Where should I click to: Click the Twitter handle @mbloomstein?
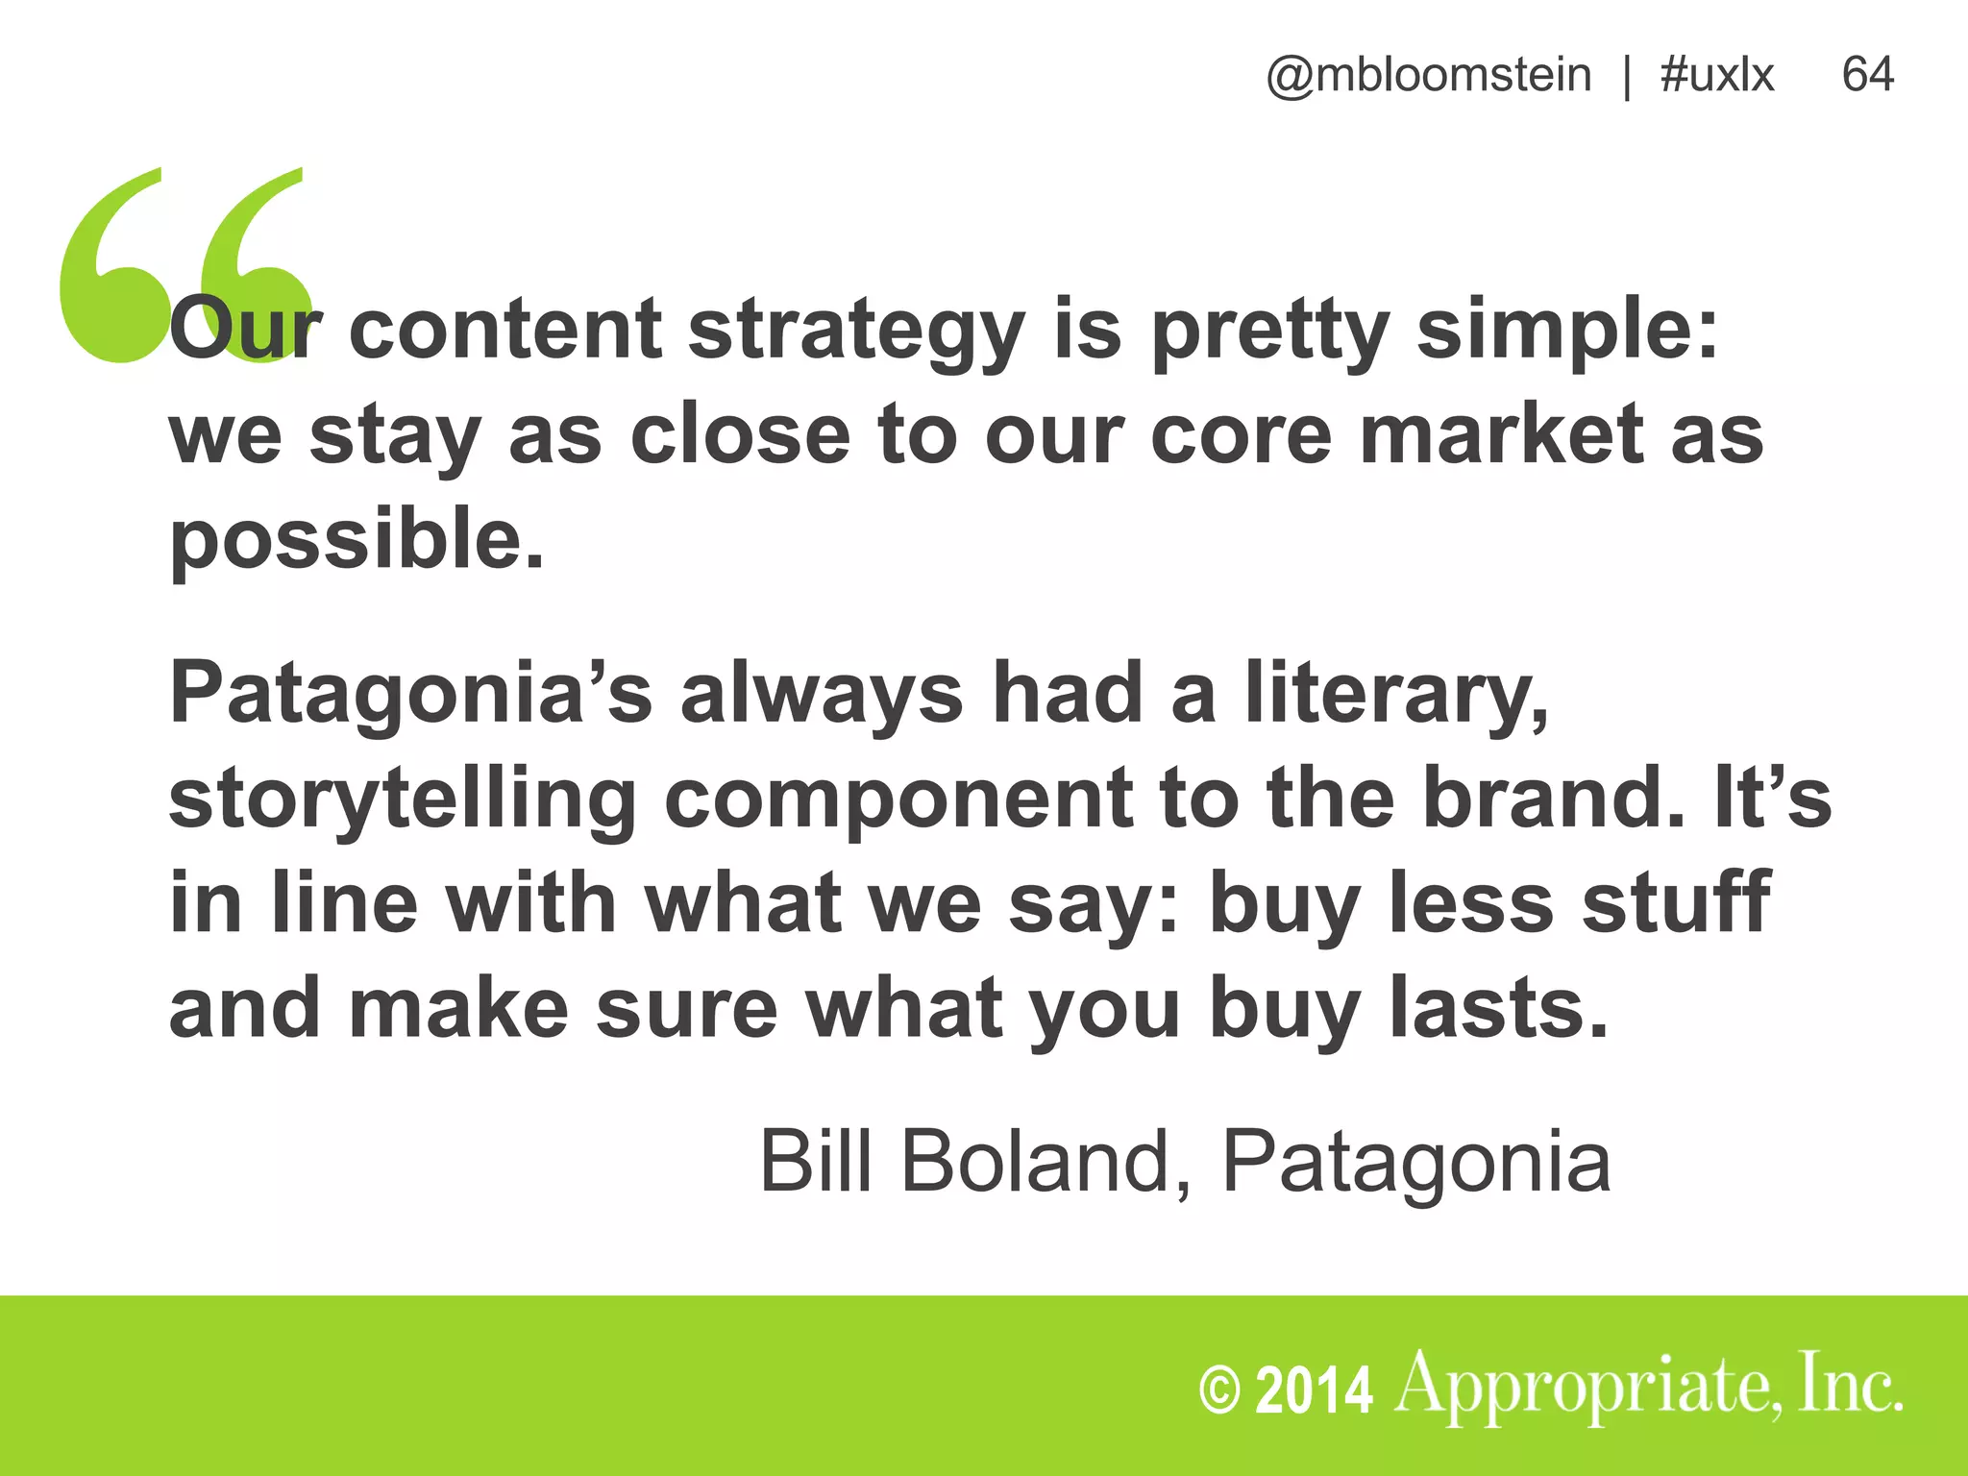[1428, 75]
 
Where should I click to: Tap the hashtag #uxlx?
[1716, 75]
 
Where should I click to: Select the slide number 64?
[1867, 75]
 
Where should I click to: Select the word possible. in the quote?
[357, 542]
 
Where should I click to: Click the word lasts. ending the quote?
[1499, 1009]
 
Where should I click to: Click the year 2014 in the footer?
[1314, 1390]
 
